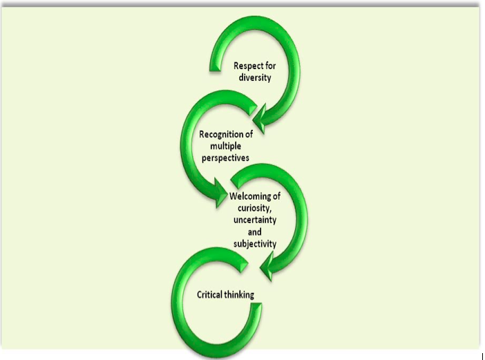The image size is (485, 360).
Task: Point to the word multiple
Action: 220,146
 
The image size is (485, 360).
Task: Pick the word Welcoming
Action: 251,196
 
